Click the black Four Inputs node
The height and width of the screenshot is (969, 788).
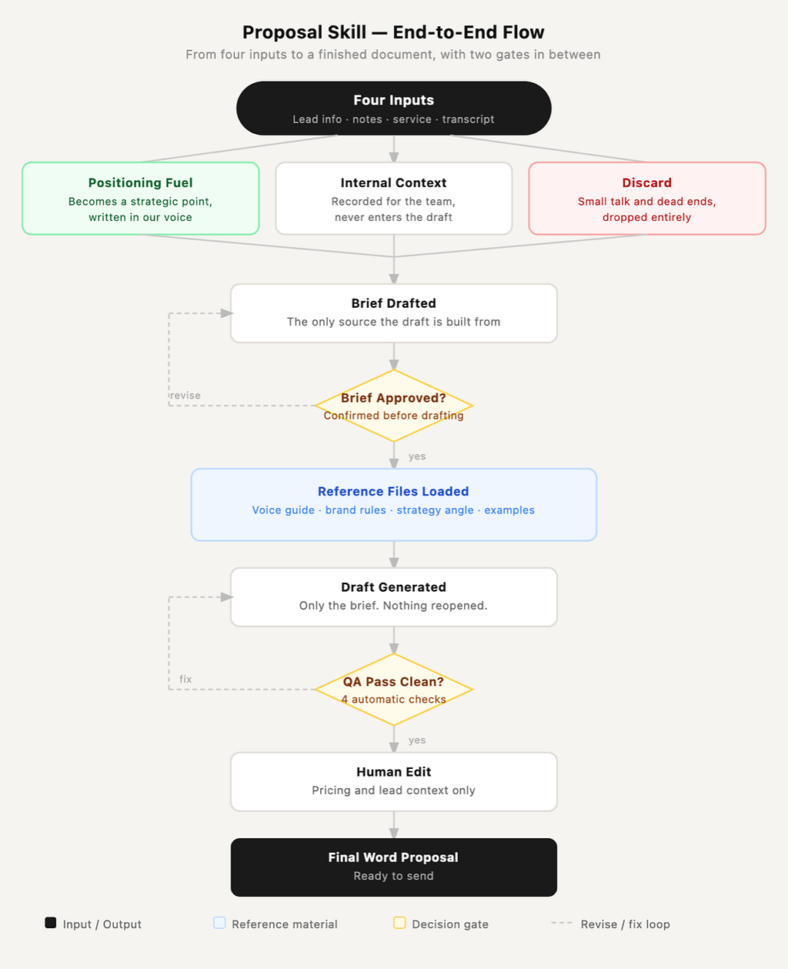coord(394,109)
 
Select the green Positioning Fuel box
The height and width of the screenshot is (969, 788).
coord(141,199)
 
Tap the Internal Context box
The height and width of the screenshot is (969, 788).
coord(394,199)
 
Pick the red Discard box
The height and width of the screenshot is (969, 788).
coord(647,199)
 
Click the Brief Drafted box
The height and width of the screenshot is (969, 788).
coord(394,313)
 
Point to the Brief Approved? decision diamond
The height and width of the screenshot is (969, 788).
coord(394,406)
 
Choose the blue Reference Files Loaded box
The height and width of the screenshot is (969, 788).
coord(394,505)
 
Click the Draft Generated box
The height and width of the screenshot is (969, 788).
coord(394,597)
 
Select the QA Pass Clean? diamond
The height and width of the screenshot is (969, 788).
coord(394,690)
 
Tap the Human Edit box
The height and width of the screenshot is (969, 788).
coord(394,782)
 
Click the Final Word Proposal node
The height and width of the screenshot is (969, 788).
coord(394,867)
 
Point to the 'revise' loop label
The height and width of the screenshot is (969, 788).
coord(185,396)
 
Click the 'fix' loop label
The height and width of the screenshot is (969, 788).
coord(185,679)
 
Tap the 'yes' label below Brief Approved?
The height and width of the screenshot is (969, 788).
coord(417,456)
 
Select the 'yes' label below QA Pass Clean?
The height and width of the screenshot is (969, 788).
coord(417,740)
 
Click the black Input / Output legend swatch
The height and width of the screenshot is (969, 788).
coord(51,923)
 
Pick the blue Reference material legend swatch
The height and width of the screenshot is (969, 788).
coord(219,923)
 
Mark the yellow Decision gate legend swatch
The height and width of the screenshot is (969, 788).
coord(399,923)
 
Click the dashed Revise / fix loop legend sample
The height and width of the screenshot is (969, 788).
coord(562,923)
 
